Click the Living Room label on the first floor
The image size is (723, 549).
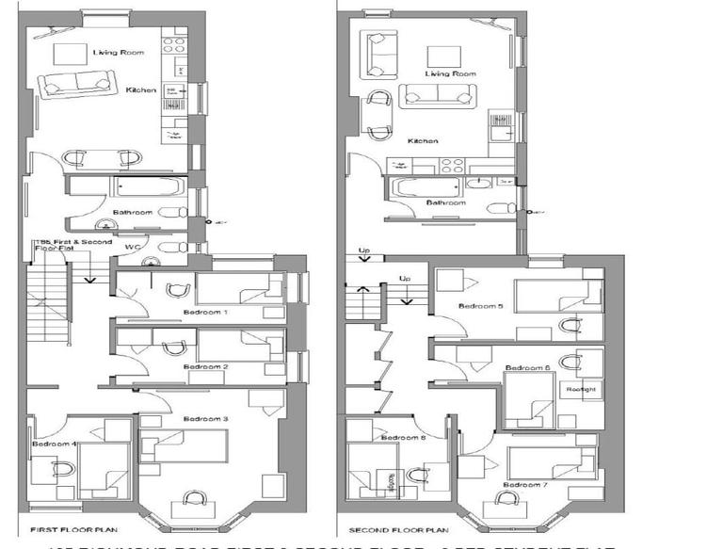[111, 53]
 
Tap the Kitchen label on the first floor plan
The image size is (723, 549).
[141, 90]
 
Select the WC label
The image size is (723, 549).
[134, 248]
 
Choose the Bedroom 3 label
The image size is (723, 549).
[206, 418]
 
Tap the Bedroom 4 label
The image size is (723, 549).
[54, 444]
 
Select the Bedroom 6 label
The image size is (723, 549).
[527, 367]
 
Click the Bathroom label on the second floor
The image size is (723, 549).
[445, 202]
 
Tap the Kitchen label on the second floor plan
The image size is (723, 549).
[423, 141]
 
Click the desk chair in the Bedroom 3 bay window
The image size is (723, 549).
[196, 499]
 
